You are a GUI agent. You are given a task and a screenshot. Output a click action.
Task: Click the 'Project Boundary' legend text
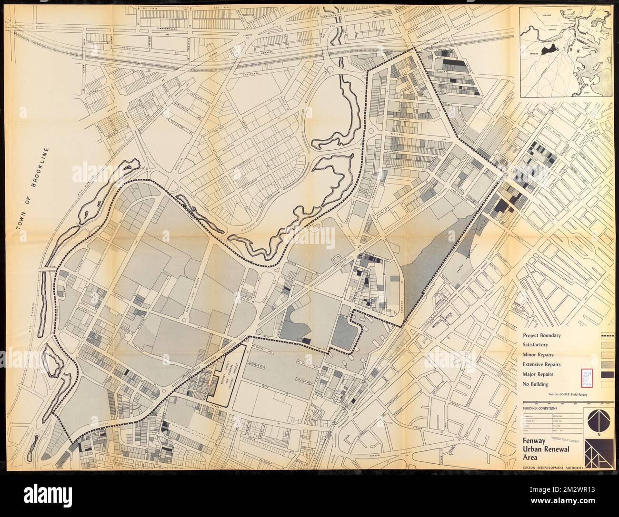coord(541,335)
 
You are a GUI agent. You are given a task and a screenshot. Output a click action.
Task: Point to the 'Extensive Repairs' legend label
coord(541,364)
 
